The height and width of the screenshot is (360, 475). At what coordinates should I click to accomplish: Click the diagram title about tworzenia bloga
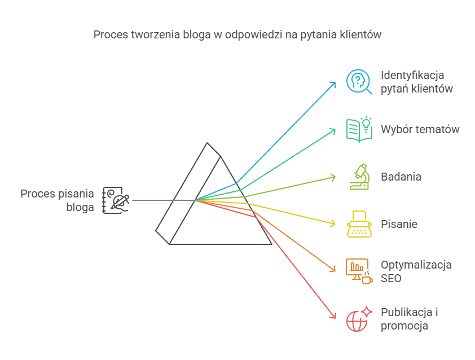237,34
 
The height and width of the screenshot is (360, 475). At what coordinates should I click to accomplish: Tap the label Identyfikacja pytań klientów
416,82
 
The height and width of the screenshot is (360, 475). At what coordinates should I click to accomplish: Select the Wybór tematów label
420,129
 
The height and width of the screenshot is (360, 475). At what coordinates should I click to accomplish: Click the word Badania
401,177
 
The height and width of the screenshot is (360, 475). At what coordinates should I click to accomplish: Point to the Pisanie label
399,224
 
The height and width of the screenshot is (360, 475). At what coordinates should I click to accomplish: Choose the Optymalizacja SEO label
416,271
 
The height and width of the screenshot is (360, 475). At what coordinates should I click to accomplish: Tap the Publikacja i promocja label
410,319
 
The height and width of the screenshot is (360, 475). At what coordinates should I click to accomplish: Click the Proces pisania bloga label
58,200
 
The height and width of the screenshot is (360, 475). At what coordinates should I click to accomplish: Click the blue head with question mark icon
359,81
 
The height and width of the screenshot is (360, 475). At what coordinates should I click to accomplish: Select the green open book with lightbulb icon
359,129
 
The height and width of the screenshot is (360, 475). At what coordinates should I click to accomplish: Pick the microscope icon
359,176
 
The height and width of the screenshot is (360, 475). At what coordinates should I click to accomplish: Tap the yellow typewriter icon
359,224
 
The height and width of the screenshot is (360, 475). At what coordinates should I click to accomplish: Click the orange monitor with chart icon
359,271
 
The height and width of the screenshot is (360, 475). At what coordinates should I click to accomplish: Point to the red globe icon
359,319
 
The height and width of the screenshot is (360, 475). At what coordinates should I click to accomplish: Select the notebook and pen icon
116,200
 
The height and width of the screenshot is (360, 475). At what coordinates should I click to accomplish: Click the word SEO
392,278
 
